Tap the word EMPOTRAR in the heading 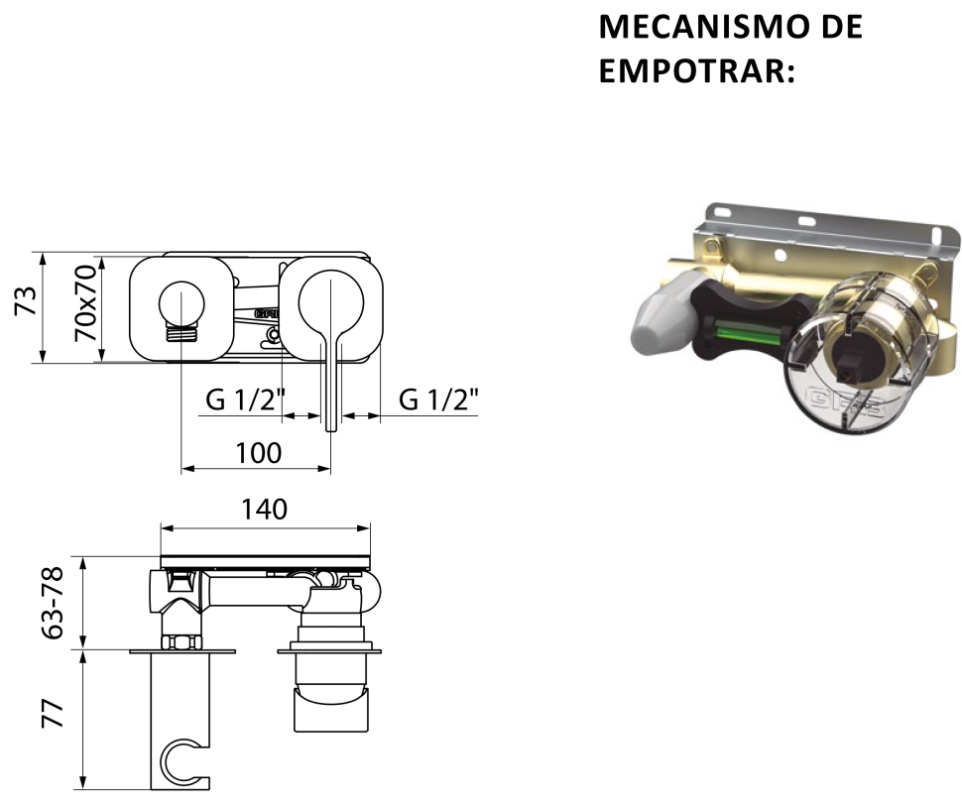(691, 70)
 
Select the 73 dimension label (27, 300)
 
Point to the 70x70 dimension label (84, 303)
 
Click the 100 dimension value (259, 452)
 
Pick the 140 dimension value (264, 509)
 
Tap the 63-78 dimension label (53, 604)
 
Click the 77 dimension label (53, 713)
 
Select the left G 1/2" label (246, 400)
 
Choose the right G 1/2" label (438, 400)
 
